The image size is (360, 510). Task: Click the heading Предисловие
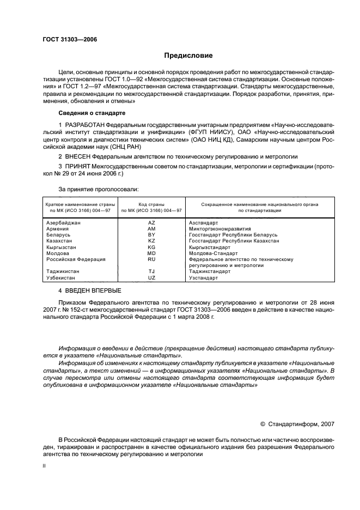click(x=188, y=56)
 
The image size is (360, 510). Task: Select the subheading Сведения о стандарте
click(x=91, y=113)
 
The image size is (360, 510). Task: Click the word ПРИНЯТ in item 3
click(x=78, y=166)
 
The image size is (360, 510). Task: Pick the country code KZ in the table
click(x=151, y=241)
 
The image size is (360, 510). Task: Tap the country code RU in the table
click(x=151, y=259)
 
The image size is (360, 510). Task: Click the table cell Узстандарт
click(x=203, y=277)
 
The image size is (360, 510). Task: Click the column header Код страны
click(x=151, y=204)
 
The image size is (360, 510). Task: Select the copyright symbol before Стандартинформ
click(x=263, y=422)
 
